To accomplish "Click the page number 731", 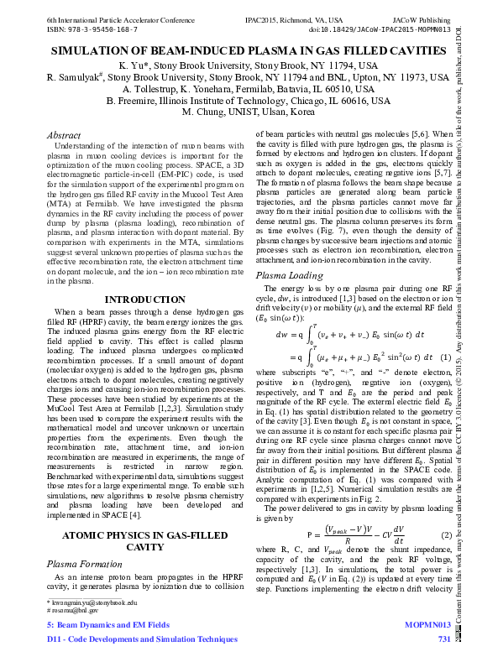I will pos(444,640).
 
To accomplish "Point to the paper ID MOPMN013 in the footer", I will pos(427,625).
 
